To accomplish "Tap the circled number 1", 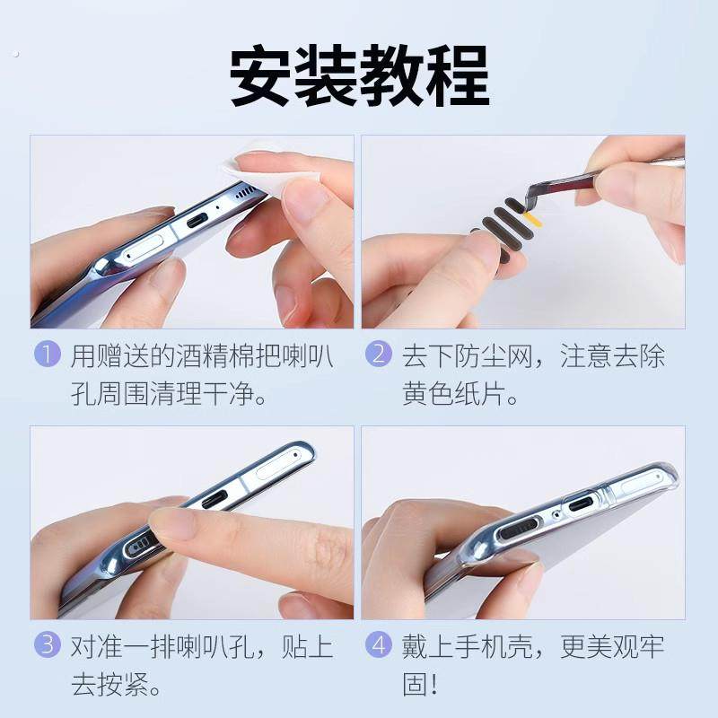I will [48, 355].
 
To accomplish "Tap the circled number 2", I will [379, 355].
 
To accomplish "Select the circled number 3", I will [48, 644].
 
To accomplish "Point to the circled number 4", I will [379, 644].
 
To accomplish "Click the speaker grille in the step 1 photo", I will [243, 193].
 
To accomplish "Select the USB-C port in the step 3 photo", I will [219, 496].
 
